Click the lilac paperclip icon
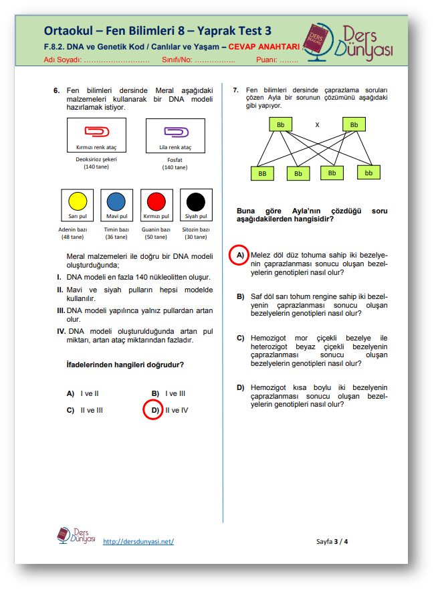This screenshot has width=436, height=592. (175, 131)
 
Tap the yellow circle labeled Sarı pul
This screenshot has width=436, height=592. (78, 201)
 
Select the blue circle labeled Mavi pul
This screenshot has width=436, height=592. (116, 201)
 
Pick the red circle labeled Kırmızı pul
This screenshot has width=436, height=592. (156, 201)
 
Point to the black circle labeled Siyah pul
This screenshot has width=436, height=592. (195, 201)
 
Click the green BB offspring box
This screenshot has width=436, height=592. (261, 173)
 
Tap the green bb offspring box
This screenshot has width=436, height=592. (368, 173)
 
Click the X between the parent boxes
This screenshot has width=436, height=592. (318, 125)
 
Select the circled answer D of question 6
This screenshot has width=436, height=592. (154, 409)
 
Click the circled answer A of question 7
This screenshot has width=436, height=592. (239, 255)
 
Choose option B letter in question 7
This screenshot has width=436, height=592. (240, 296)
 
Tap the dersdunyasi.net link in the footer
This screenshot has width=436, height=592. (138, 541)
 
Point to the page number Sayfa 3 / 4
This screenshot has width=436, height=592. (332, 541)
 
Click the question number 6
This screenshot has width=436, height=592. (57, 90)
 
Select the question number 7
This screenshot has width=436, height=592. (236, 90)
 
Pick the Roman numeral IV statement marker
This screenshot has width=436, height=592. (60, 331)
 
